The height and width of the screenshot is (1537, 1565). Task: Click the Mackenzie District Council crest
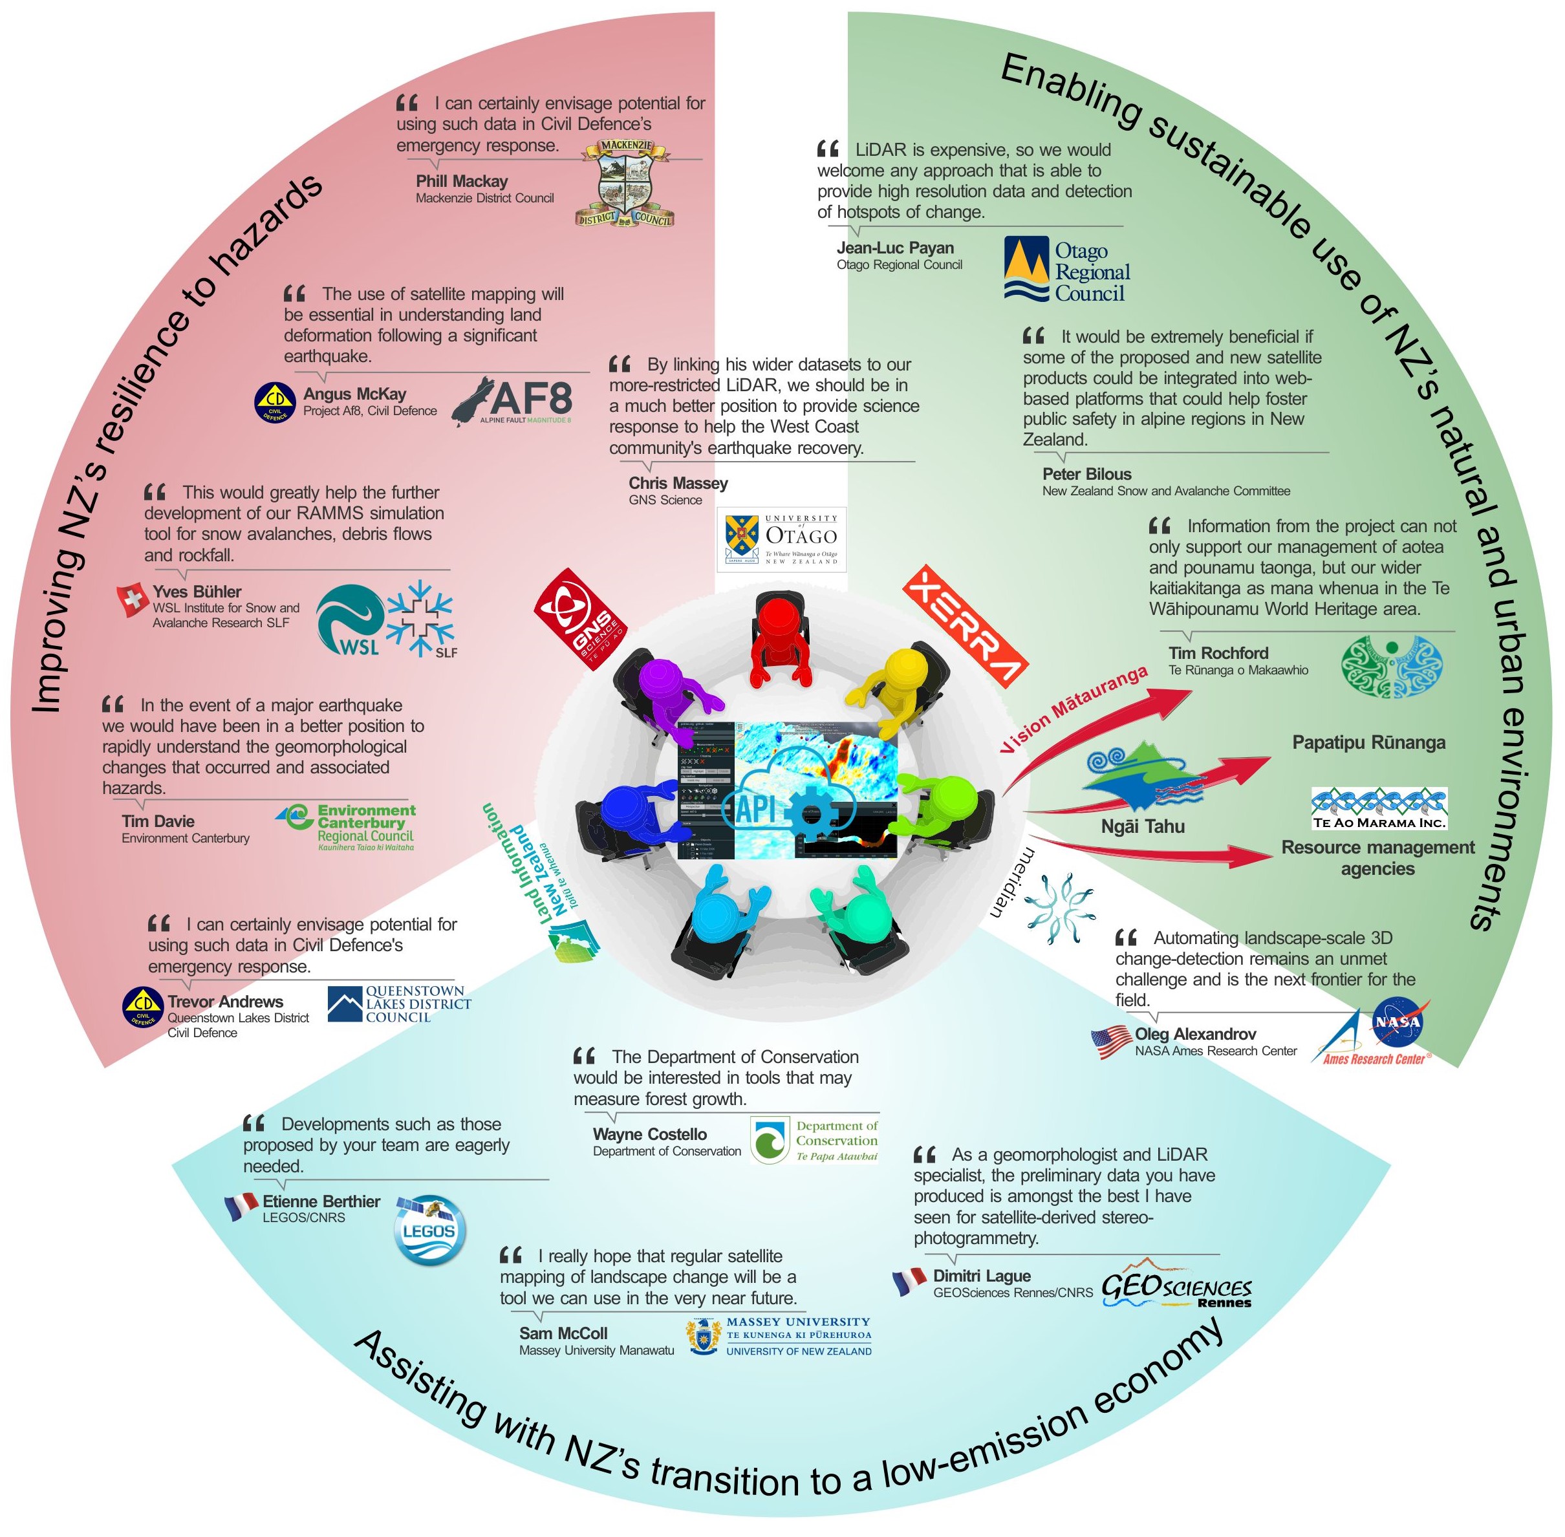pyautogui.click(x=624, y=185)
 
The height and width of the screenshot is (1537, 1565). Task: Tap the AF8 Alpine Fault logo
pyautogui.click(x=512, y=400)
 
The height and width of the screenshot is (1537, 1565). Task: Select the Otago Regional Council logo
pyautogui.click(x=1066, y=270)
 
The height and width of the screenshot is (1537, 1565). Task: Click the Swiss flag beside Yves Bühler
pyautogui.click(x=132, y=601)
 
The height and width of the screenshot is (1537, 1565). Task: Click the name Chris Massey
pyautogui.click(x=678, y=484)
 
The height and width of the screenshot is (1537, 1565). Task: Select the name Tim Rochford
pyautogui.click(x=1218, y=653)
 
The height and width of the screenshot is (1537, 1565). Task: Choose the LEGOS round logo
pyautogui.click(x=429, y=1229)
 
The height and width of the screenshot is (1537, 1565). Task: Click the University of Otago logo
pyautogui.click(x=781, y=539)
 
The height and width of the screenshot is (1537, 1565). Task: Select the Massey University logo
pyautogui.click(x=780, y=1337)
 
